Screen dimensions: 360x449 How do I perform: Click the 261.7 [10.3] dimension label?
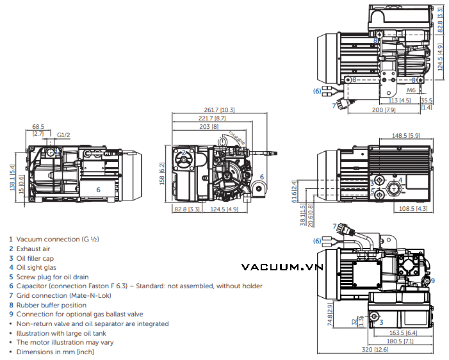click(220, 110)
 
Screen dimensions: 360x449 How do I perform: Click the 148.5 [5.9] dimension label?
click(405, 135)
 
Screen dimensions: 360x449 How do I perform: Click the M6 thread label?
click(412, 90)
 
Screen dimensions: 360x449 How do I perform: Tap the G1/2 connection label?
click(63, 135)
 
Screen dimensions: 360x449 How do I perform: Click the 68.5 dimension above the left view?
click(38, 126)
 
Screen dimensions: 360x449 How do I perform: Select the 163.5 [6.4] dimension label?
click(400, 332)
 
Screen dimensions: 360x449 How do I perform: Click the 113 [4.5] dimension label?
click(399, 101)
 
